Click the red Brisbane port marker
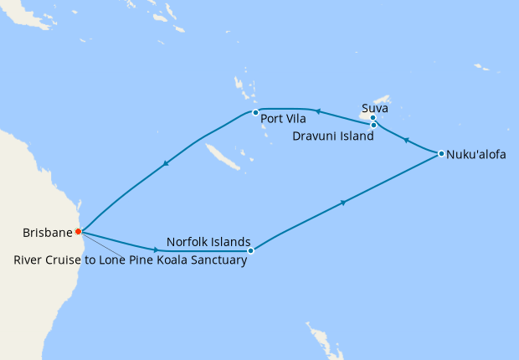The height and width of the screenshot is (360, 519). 78,231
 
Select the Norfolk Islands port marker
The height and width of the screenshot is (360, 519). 251,249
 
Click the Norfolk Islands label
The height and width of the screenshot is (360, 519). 208,243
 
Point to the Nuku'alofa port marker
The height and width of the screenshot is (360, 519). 441,153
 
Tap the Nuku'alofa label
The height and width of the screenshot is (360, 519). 476,154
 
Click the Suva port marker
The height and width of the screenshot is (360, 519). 373,118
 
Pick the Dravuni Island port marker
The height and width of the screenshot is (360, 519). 374,126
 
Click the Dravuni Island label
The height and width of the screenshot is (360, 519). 333,136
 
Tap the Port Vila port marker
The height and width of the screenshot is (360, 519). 255,112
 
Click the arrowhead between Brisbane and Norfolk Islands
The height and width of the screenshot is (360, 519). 156,249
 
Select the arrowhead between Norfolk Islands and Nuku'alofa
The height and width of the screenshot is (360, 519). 343,203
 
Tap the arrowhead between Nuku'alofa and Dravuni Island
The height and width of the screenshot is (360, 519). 405,141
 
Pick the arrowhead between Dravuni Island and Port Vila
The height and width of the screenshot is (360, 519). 316,110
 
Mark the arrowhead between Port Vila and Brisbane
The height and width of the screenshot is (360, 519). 167,163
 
